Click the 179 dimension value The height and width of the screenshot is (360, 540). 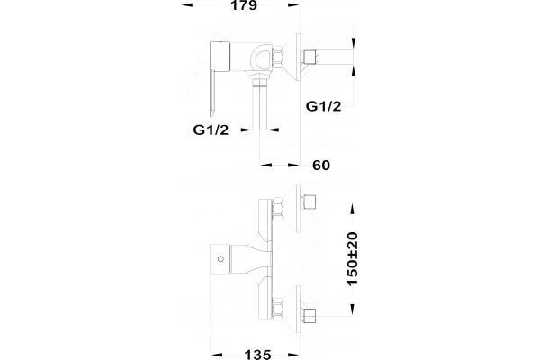(x=244, y=5)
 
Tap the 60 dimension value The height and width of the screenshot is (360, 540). (x=321, y=166)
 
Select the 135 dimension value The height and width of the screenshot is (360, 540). (x=257, y=355)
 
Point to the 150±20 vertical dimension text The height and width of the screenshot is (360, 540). (x=352, y=259)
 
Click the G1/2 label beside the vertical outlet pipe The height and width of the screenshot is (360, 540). (x=211, y=130)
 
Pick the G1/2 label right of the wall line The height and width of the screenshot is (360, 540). (x=323, y=106)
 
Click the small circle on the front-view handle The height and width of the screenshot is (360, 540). (x=220, y=258)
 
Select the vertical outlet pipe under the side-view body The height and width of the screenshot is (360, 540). (x=260, y=103)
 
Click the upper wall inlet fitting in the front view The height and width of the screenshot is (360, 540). (x=309, y=202)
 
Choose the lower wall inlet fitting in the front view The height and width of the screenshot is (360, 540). (x=309, y=315)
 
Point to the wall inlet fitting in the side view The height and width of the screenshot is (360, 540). (x=310, y=57)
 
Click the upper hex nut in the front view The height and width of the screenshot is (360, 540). (x=278, y=209)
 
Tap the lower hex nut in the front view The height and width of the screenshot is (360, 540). (x=278, y=308)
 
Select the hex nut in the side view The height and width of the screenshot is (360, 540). (x=278, y=57)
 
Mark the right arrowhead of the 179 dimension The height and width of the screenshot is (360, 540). (x=293, y=4)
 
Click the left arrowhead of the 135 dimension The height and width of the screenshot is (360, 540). (x=217, y=355)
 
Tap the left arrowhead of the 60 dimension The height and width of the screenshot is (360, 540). (x=266, y=165)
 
